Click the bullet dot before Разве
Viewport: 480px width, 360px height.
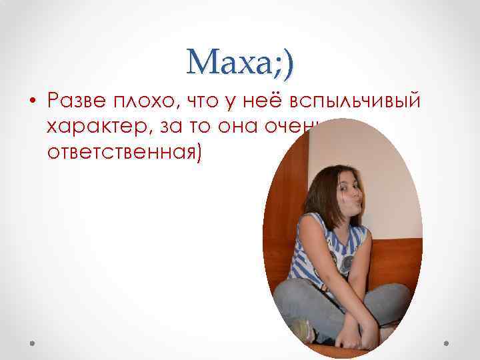coord(32,101)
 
